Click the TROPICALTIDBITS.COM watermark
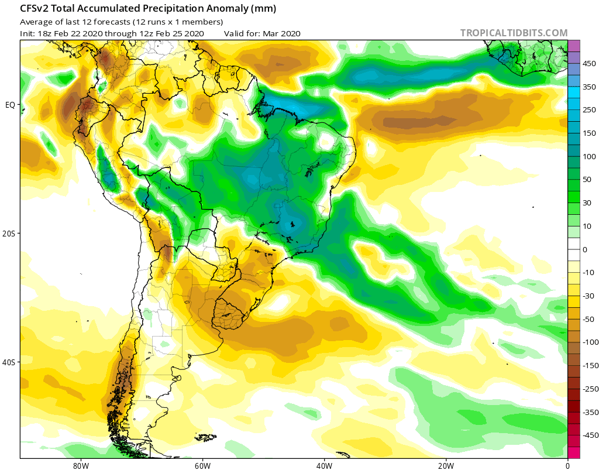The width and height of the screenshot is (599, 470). pos(514,33)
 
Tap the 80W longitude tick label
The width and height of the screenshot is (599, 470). pos(81,465)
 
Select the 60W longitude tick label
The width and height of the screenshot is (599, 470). pos(202,465)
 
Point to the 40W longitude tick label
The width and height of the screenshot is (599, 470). pos(324,465)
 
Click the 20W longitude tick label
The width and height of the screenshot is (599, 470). pos(446,465)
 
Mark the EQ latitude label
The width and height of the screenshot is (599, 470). pos(10,105)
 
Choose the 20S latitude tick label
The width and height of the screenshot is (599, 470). pos(9,234)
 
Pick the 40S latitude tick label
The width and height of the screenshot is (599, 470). pos(9,362)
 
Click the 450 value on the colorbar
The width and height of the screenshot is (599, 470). pos(588,64)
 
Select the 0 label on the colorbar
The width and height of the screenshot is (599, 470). pos(585,249)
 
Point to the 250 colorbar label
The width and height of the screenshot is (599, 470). pos(588,110)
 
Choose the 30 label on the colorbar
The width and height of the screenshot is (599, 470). pos(587,203)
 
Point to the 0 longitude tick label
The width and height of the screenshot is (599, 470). pos(567,465)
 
